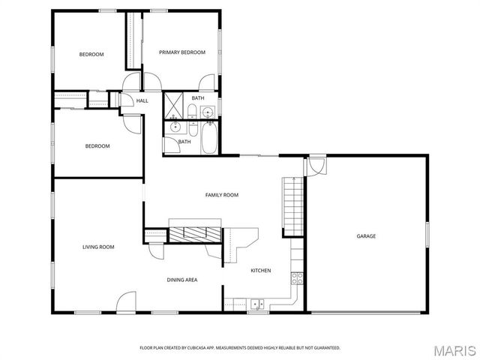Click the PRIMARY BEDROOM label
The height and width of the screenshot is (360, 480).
181,52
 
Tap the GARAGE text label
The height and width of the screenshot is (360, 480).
366,236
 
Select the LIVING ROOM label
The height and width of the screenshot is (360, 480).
98,247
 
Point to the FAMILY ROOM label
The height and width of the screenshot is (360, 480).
222,195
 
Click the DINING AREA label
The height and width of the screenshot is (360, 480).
182,280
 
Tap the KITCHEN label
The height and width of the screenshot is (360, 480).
260,271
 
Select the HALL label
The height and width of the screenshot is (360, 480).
142,100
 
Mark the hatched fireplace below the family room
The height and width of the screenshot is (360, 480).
196,233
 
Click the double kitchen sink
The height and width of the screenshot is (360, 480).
257,304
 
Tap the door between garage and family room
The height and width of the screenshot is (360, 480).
315,165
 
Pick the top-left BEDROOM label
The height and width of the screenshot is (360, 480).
91,54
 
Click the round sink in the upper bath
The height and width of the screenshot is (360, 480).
208,112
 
